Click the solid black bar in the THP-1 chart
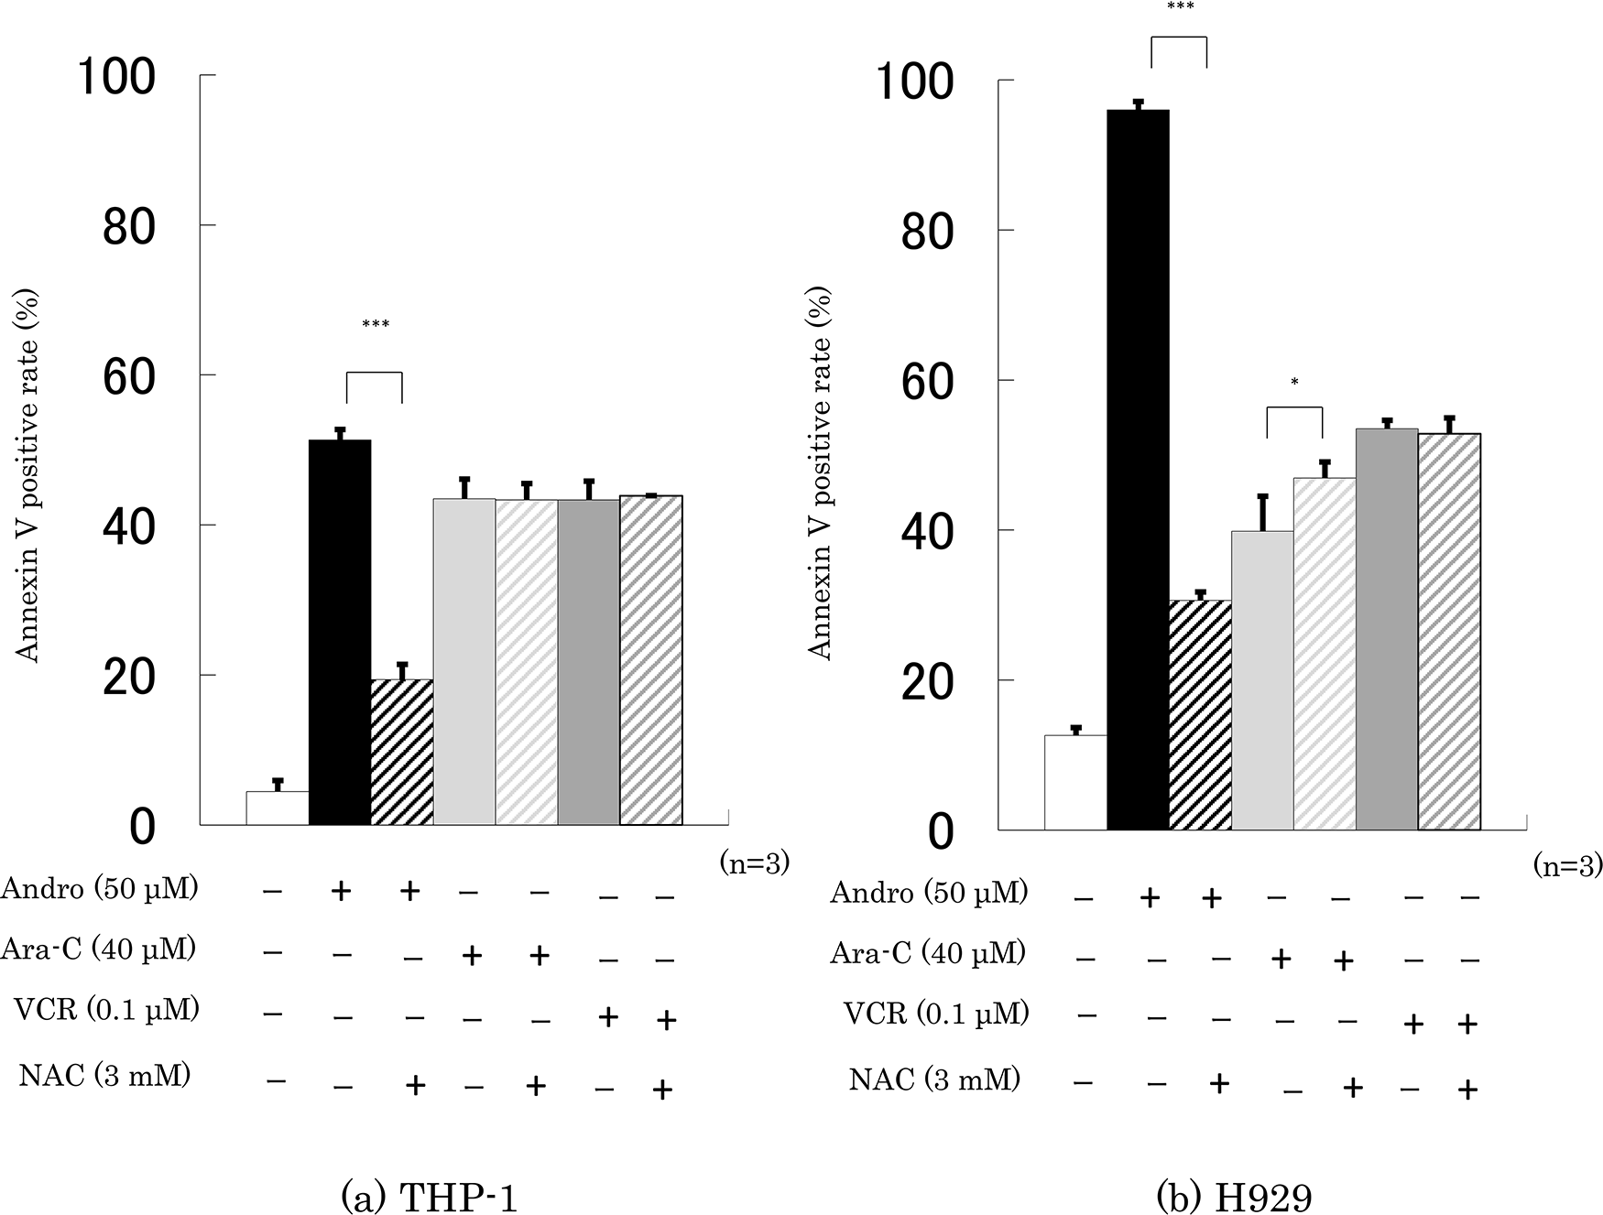tap(340, 632)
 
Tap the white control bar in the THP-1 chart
tap(278, 808)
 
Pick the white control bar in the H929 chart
tap(1076, 782)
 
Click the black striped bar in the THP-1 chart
tap(402, 751)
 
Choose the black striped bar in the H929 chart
tap(1201, 714)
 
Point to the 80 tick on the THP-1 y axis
tap(129, 227)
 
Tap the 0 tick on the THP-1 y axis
tap(143, 827)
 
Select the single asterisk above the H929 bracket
tap(1294, 383)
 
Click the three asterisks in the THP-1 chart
tap(375, 325)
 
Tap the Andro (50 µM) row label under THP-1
tap(100, 889)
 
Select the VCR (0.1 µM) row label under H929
tap(936, 1014)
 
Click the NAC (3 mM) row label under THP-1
tap(104, 1076)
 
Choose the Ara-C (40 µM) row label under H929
tap(927, 953)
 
